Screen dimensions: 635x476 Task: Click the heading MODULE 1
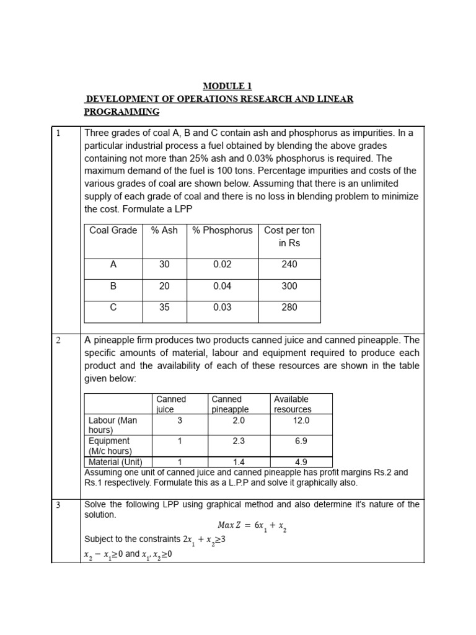click(x=228, y=86)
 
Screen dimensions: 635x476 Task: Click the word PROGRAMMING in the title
click(x=121, y=112)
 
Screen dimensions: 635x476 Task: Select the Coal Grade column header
click(x=113, y=230)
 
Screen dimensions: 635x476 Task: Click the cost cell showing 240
click(x=289, y=264)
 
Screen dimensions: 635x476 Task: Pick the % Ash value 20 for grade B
click(x=164, y=286)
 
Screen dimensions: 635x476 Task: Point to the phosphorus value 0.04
click(x=222, y=286)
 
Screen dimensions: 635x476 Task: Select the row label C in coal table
click(x=113, y=307)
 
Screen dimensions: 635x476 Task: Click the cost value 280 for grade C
click(x=289, y=307)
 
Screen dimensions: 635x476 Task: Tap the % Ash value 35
click(x=164, y=307)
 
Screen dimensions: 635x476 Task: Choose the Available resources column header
click(x=293, y=404)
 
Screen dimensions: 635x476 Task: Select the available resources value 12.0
click(x=301, y=420)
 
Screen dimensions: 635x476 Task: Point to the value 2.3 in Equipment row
click(x=239, y=441)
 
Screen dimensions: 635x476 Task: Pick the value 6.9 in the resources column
click(x=301, y=441)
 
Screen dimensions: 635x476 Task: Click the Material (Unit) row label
click(x=116, y=462)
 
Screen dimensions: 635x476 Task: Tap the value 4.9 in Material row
click(x=301, y=462)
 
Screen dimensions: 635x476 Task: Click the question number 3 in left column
click(x=58, y=505)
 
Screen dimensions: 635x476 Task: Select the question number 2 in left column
click(x=58, y=340)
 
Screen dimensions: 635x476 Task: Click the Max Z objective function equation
click(x=252, y=526)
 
